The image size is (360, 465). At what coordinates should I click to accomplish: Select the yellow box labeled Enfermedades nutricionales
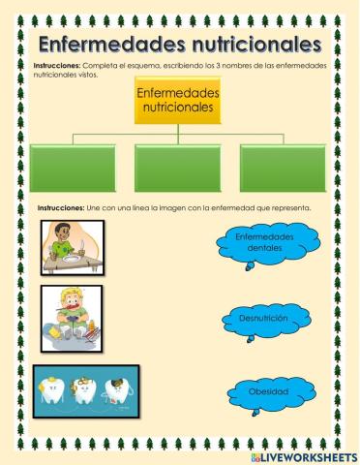tap(178, 101)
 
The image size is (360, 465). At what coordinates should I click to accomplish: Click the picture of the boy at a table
tap(75, 246)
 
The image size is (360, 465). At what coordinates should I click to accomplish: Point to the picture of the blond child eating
tap(73, 315)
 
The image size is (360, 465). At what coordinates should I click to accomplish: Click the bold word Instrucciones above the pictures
tap(61, 208)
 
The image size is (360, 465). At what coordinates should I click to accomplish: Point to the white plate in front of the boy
tap(75, 257)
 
